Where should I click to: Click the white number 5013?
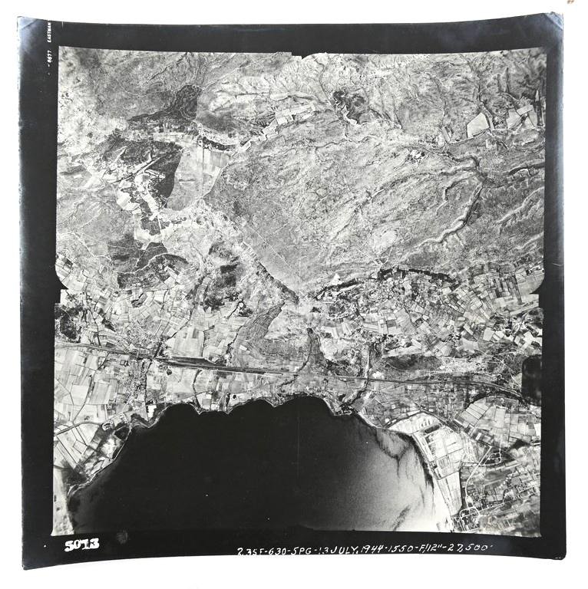tap(81, 545)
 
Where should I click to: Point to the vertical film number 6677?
tap(48, 55)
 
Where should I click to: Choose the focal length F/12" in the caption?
tap(438, 550)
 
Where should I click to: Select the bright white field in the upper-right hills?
tap(477, 124)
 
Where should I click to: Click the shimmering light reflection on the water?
tap(403, 460)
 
